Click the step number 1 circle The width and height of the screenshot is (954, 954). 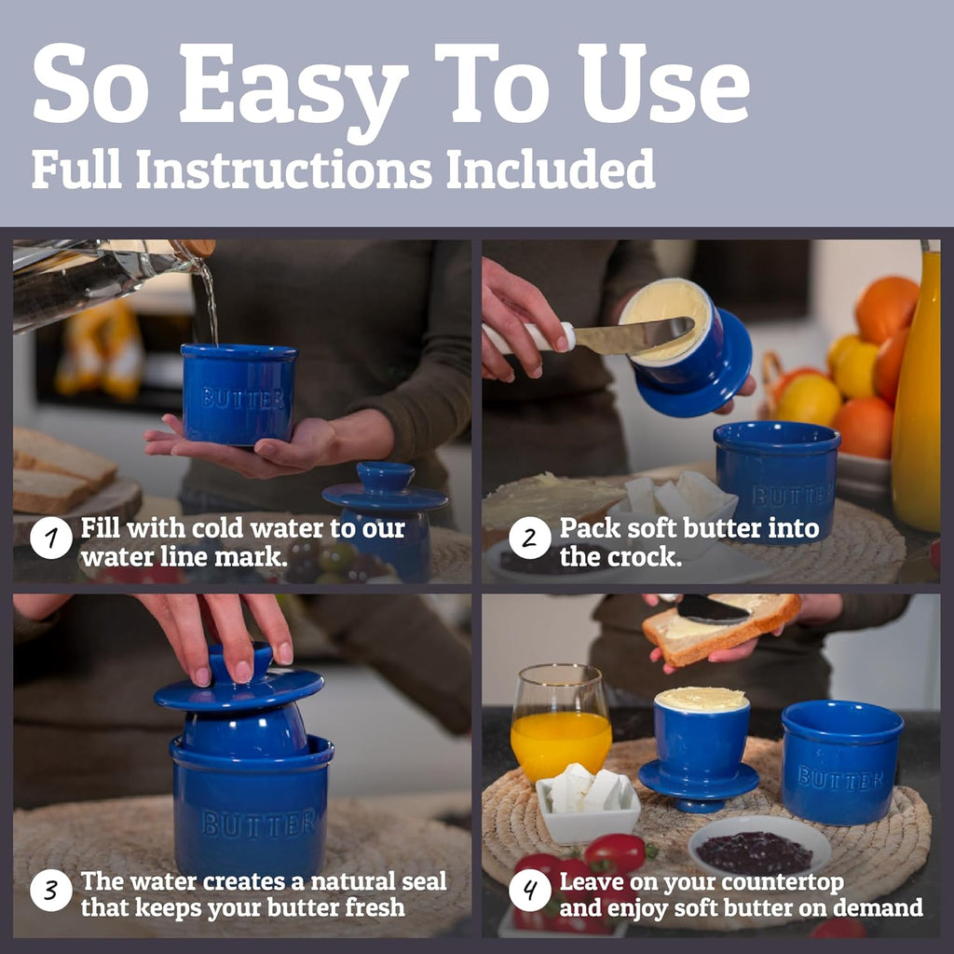click(x=51, y=538)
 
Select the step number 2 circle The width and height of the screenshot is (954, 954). click(x=530, y=538)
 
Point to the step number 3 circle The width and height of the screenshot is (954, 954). click(x=51, y=890)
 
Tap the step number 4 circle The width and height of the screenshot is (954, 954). click(x=530, y=890)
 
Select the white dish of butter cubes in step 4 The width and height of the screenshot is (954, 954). click(x=588, y=803)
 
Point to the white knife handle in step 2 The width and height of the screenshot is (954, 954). click(x=528, y=338)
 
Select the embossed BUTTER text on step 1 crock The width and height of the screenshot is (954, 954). click(x=243, y=399)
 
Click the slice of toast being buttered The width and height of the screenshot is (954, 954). click(x=722, y=628)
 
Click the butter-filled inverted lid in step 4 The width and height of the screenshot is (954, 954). click(x=700, y=748)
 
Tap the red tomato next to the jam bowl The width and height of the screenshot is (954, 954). click(x=617, y=853)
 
